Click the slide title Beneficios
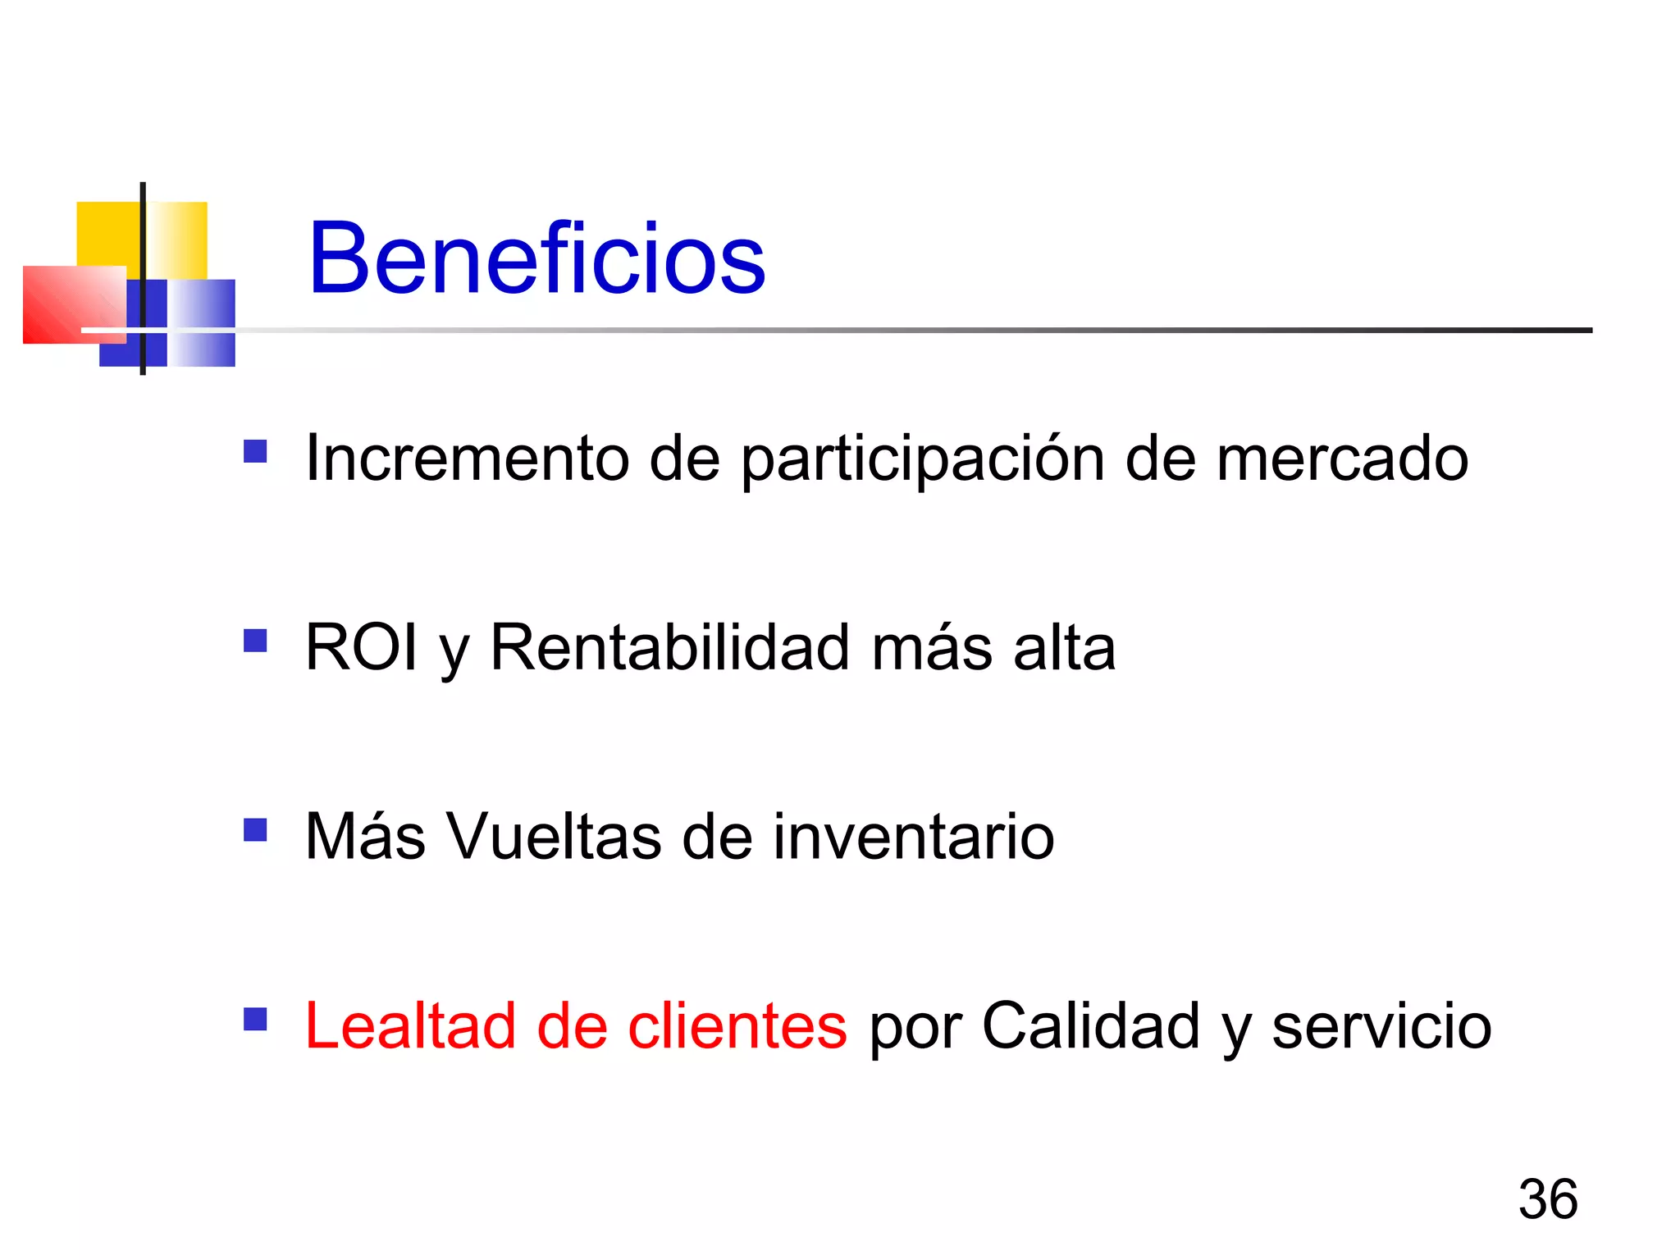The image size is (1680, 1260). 536,258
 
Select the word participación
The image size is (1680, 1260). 923,459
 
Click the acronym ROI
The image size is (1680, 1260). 361,647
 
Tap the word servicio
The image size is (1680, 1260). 1381,1027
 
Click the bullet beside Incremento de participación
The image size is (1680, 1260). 255,452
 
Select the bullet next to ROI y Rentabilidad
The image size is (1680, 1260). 255,641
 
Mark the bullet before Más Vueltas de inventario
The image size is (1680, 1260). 255,830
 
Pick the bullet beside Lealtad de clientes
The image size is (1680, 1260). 255,1019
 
